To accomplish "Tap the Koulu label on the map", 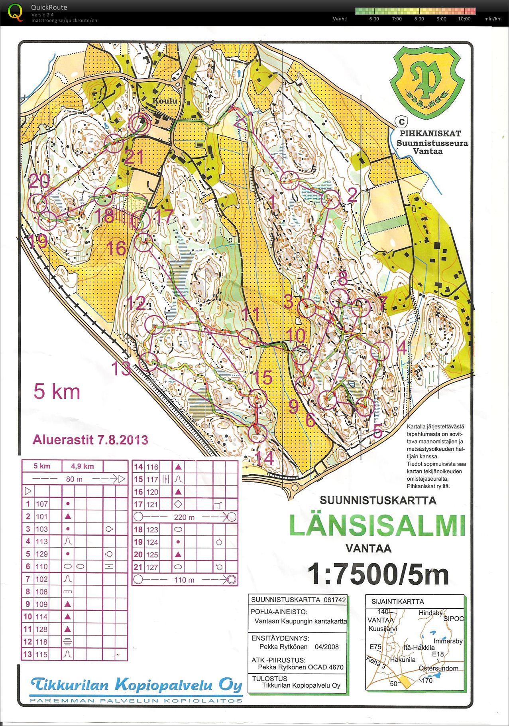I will click(165, 101).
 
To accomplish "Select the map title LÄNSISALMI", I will click(377, 525).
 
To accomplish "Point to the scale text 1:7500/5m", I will click(378, 574).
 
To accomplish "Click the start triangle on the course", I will click(244, 120).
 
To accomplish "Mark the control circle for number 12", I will click(154, 324).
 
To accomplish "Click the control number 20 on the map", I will click(39, 181).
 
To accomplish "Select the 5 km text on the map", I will click(57, 391).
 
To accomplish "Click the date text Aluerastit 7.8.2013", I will click(90, 440).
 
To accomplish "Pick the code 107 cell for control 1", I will click(42, 504).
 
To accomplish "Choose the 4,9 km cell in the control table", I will click(83, 466).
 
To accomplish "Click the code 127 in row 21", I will click(152, 567).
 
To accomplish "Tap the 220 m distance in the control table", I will click(184, 517).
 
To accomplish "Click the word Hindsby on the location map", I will click(430, 613).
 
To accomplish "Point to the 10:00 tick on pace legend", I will click(464, 19).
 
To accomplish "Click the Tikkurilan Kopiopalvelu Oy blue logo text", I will click(136, 685).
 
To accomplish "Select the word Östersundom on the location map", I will click(438, 668).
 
